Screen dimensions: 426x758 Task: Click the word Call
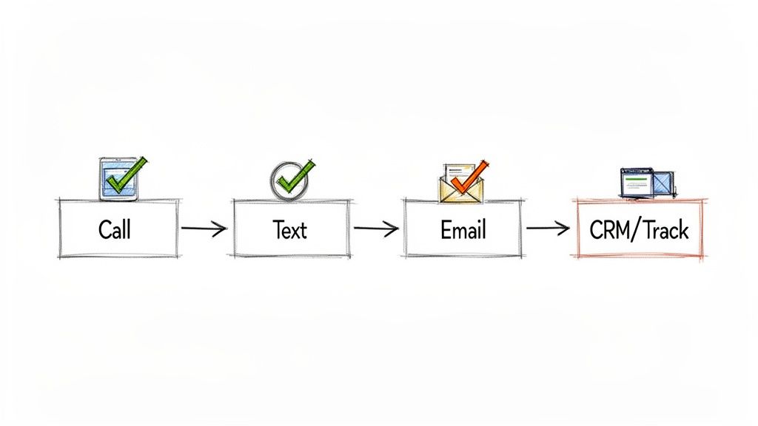pyautogui.click(x=115, y=229)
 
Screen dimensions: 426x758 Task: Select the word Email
pyautogui.click(x=463, y=230)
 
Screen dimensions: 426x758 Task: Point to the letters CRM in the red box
pyautogui.click(x=608, y=230)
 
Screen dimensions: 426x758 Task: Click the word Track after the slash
pyautogui.click(x=664, y=230)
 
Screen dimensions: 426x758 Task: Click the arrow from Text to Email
pyautogui.click(x=376, y=229)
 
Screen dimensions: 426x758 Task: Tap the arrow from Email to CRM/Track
pyautogui.click(x=548, y=229)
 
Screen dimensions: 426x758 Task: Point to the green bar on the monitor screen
pyautogui.click(x=634, y=178)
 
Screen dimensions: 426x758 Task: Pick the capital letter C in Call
pyautogui.click(x=104, y=229)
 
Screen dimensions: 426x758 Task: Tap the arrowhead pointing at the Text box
pyautogui.click(x=221, y=229)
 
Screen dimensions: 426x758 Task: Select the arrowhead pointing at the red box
pyautogui.click(x=564, y=229)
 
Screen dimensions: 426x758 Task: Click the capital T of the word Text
pyautogui.click(x=278, y=230)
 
